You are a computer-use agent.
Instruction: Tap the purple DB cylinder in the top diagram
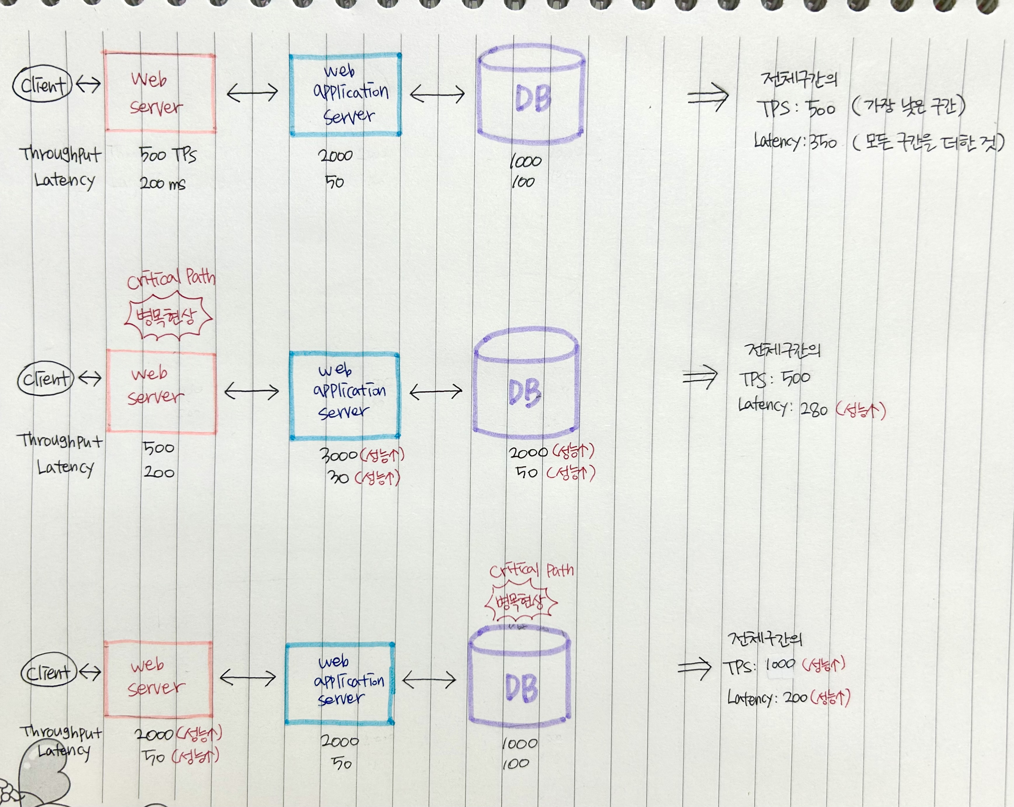point(531,97)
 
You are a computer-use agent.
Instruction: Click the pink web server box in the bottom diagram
point(158,679)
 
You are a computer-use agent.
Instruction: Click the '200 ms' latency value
point(162,183)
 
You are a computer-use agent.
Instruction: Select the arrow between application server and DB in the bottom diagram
point(429,679)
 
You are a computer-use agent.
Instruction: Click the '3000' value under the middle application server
point(338,455)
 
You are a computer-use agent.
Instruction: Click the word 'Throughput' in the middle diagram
point(60,441)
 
